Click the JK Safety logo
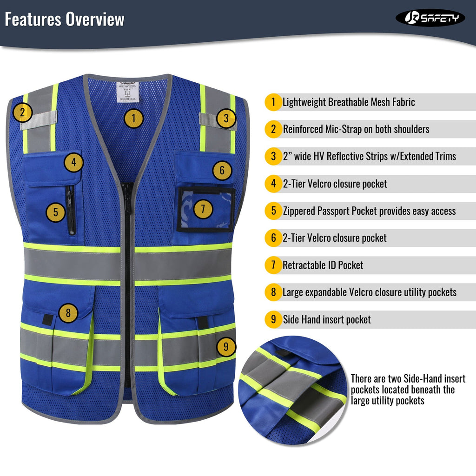pyautogui.click(x=430, y=18)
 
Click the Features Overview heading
pyautogui.click(x=65, y=20)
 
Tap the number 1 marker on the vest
pyautogui.click(x=133, y=119)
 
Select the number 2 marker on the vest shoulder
pyautogui.click(x=22, y=112)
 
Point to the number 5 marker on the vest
pyautogui.click(x=55, y=213)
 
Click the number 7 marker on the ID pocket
pyautogui.click(x=203, y=209)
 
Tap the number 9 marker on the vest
pyautogui.click(x=226, y=346)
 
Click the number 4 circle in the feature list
pyautogui.click(x=273, y=184)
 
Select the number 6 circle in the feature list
pyautogui.click(x=273, y=238)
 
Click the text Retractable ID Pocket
pyautogui.click(x=323, y=265)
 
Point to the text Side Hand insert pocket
pyautogui.click(x=327, y=320)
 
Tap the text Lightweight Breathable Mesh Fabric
pyautogui.click(x=349, y=102)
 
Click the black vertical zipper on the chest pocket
pyautogui.click(x=70, y=210)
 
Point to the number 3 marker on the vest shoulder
pyautogui.click(x=226, y=118)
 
